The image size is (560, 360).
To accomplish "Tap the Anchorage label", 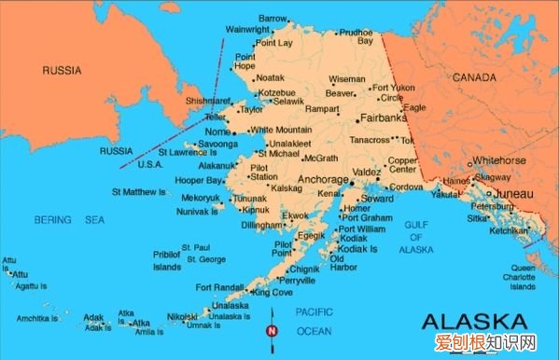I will pos(323,177).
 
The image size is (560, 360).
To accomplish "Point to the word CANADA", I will pos(474,78).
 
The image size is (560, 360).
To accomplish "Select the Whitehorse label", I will pos(500,159).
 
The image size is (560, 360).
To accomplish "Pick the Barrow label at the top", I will pos(273,18).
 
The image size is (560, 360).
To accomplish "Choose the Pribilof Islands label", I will pos(167,261).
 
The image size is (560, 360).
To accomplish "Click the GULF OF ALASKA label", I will pos(417,237).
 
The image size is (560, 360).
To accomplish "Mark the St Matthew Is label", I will pos(138,191).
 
